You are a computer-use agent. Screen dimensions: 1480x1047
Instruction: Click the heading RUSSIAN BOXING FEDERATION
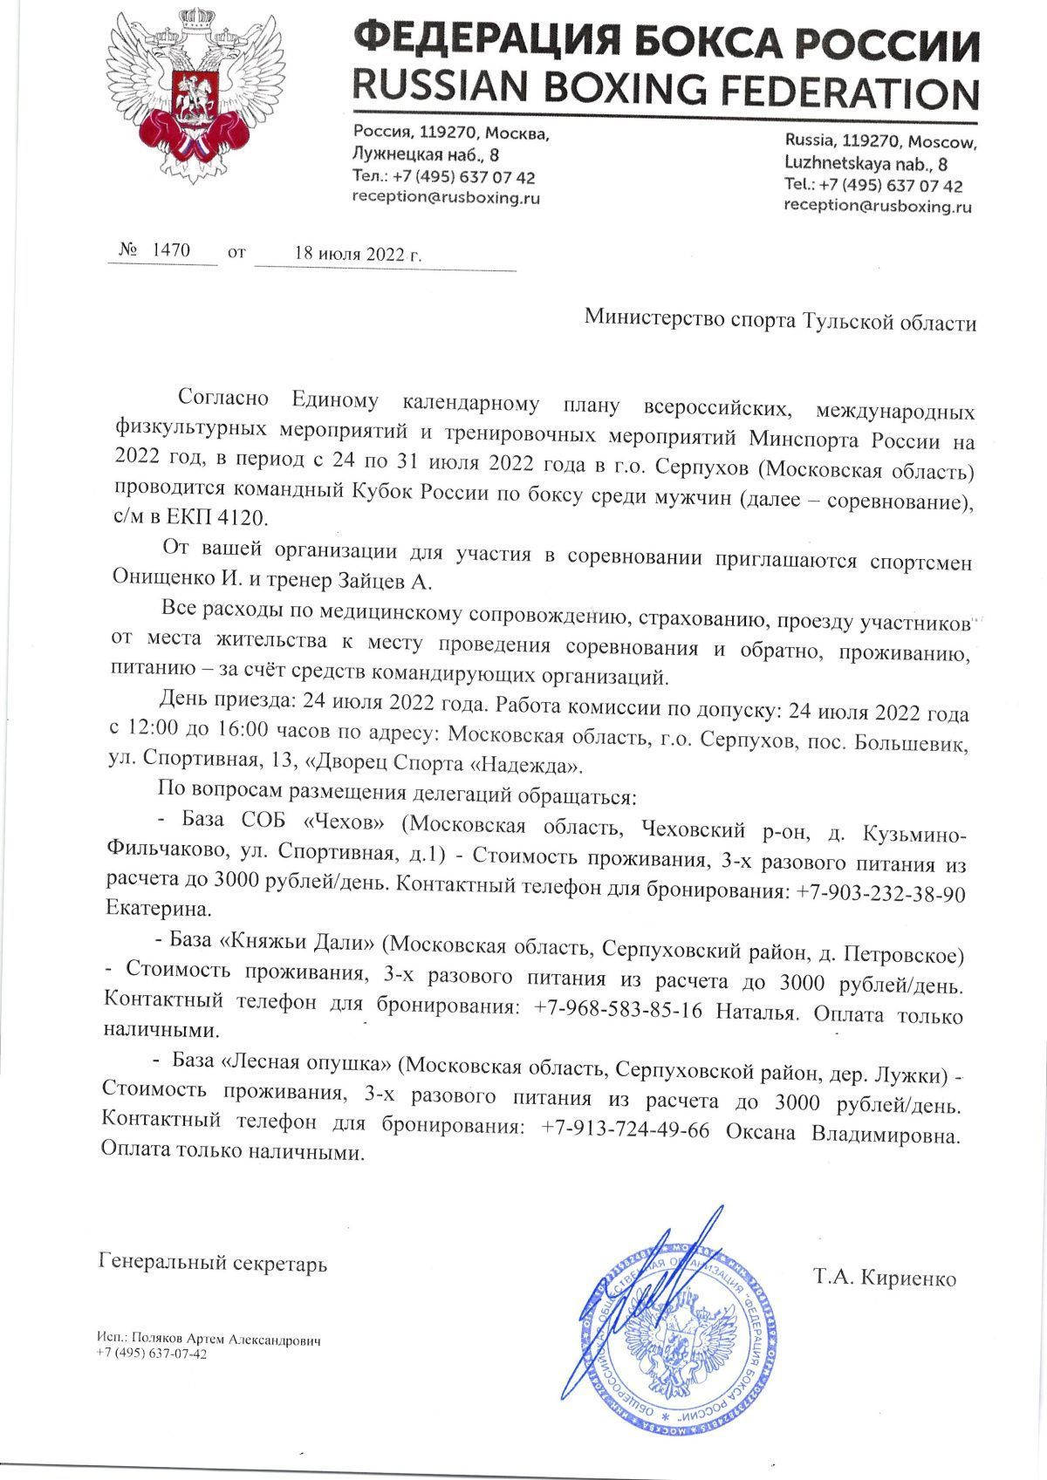(665, 89)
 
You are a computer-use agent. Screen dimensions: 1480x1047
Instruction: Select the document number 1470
(171, 250)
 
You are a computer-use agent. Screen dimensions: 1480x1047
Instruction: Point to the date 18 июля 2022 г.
(358, 254)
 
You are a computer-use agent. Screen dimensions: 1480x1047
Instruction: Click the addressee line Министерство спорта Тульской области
(780, 322)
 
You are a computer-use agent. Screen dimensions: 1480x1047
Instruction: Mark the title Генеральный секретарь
(214, 1262)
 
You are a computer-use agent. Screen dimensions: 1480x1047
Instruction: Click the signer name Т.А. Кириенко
(885, 1279)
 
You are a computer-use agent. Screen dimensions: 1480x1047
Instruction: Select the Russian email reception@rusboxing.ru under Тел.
(445, 198)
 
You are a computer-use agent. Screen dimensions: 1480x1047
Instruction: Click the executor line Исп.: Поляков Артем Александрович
(209, 1340)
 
